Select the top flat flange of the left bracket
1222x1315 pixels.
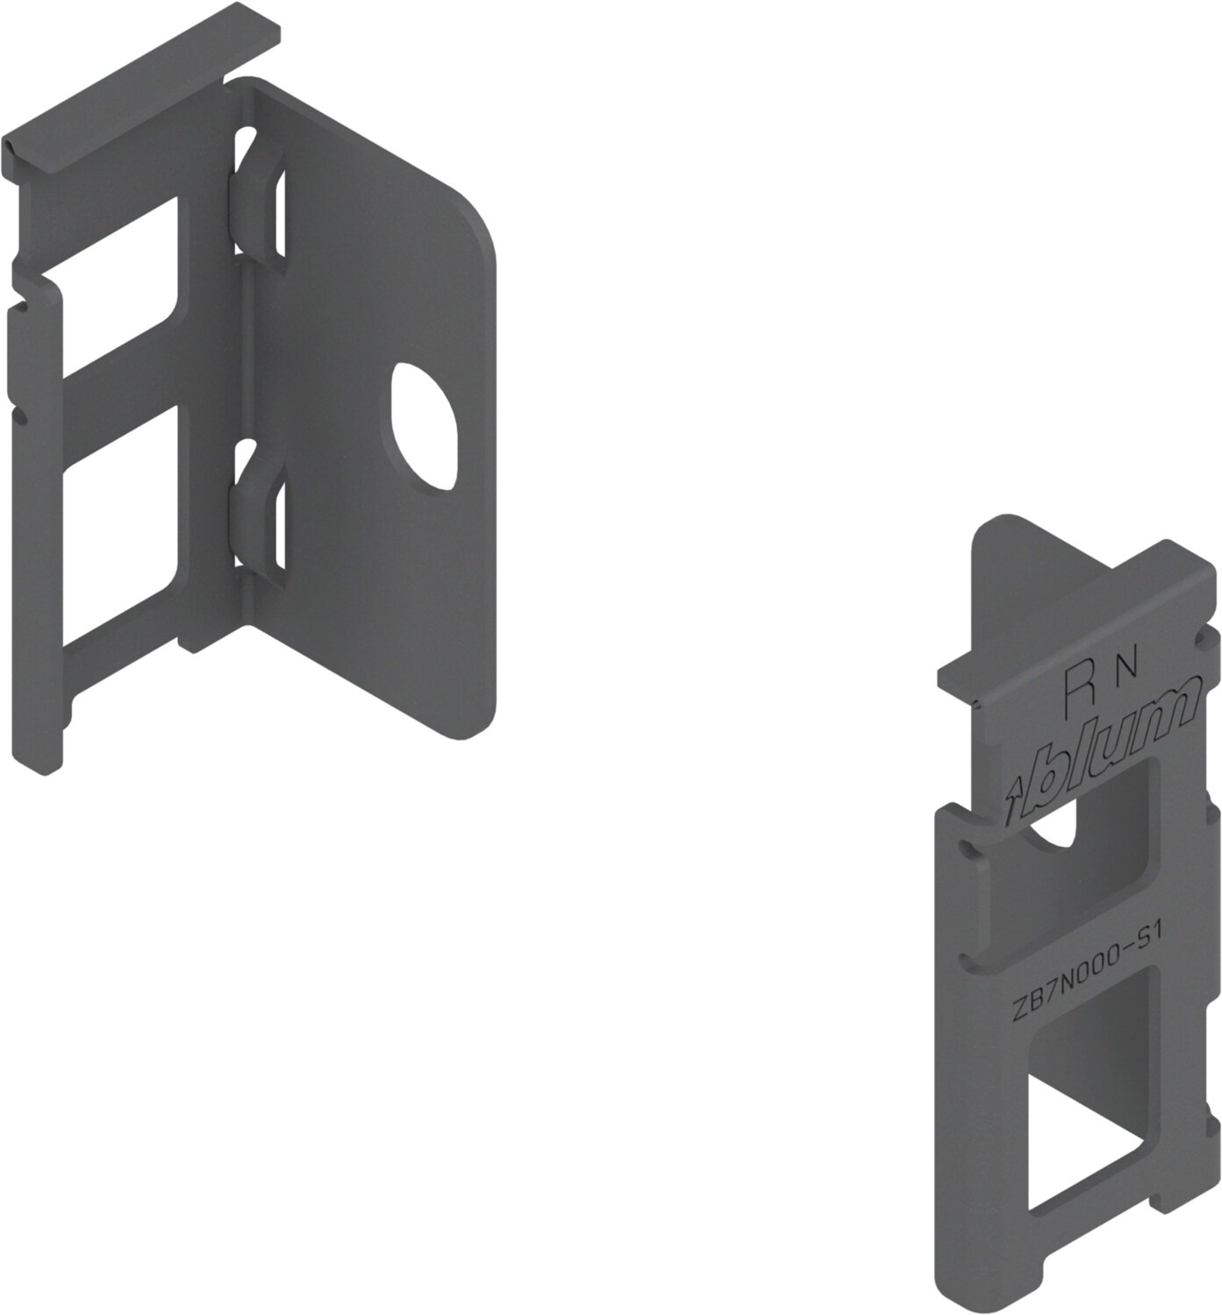pos(141,85)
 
